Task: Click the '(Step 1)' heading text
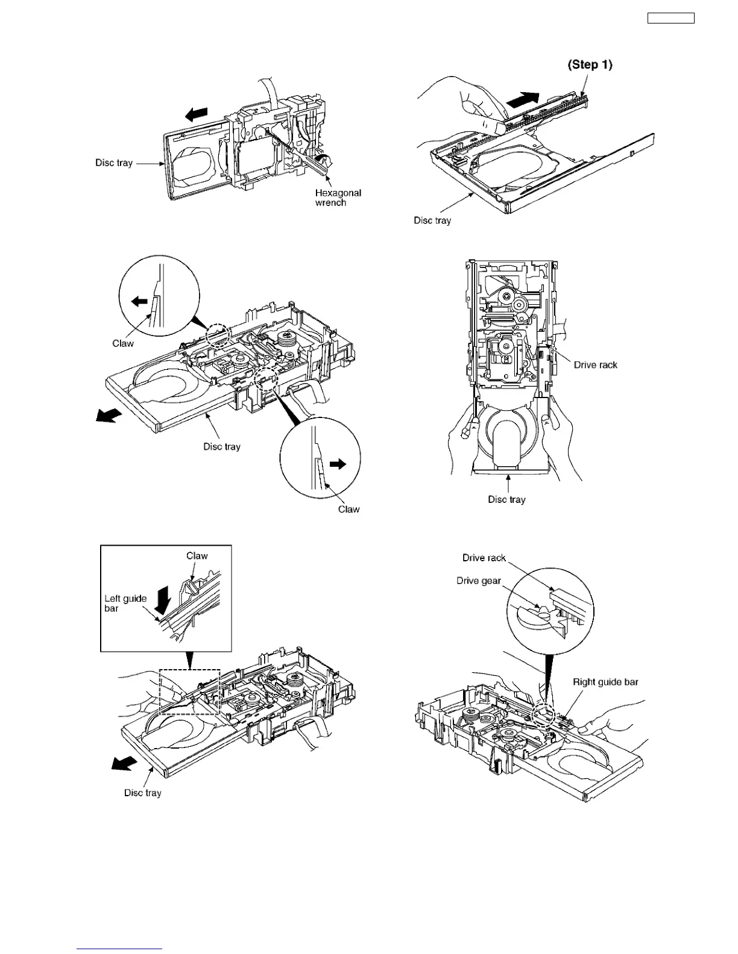(x=590, y=65)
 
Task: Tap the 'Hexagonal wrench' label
(x=338, y=198)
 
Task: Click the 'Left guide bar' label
(x=125, y=603)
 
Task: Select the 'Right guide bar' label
(x=605, y=682)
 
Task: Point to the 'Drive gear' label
(x=479, y=581)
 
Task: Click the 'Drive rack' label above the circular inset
(x=484, y=558)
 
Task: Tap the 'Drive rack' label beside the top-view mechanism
(x=595, y=364)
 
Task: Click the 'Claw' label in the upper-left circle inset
(x=123, y=343)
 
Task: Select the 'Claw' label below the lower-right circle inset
(x=348, y=509)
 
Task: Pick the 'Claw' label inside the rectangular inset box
(x=197, y=555)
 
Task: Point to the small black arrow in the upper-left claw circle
(x=139, y=301)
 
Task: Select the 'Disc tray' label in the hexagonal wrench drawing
(x=114, y=163)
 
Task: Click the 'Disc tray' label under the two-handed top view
(x=506, y=499)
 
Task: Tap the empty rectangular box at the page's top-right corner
(x=670, y=18)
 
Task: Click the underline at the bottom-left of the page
(x=119, y=949)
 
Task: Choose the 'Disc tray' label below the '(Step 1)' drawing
(x=432, y=220)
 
